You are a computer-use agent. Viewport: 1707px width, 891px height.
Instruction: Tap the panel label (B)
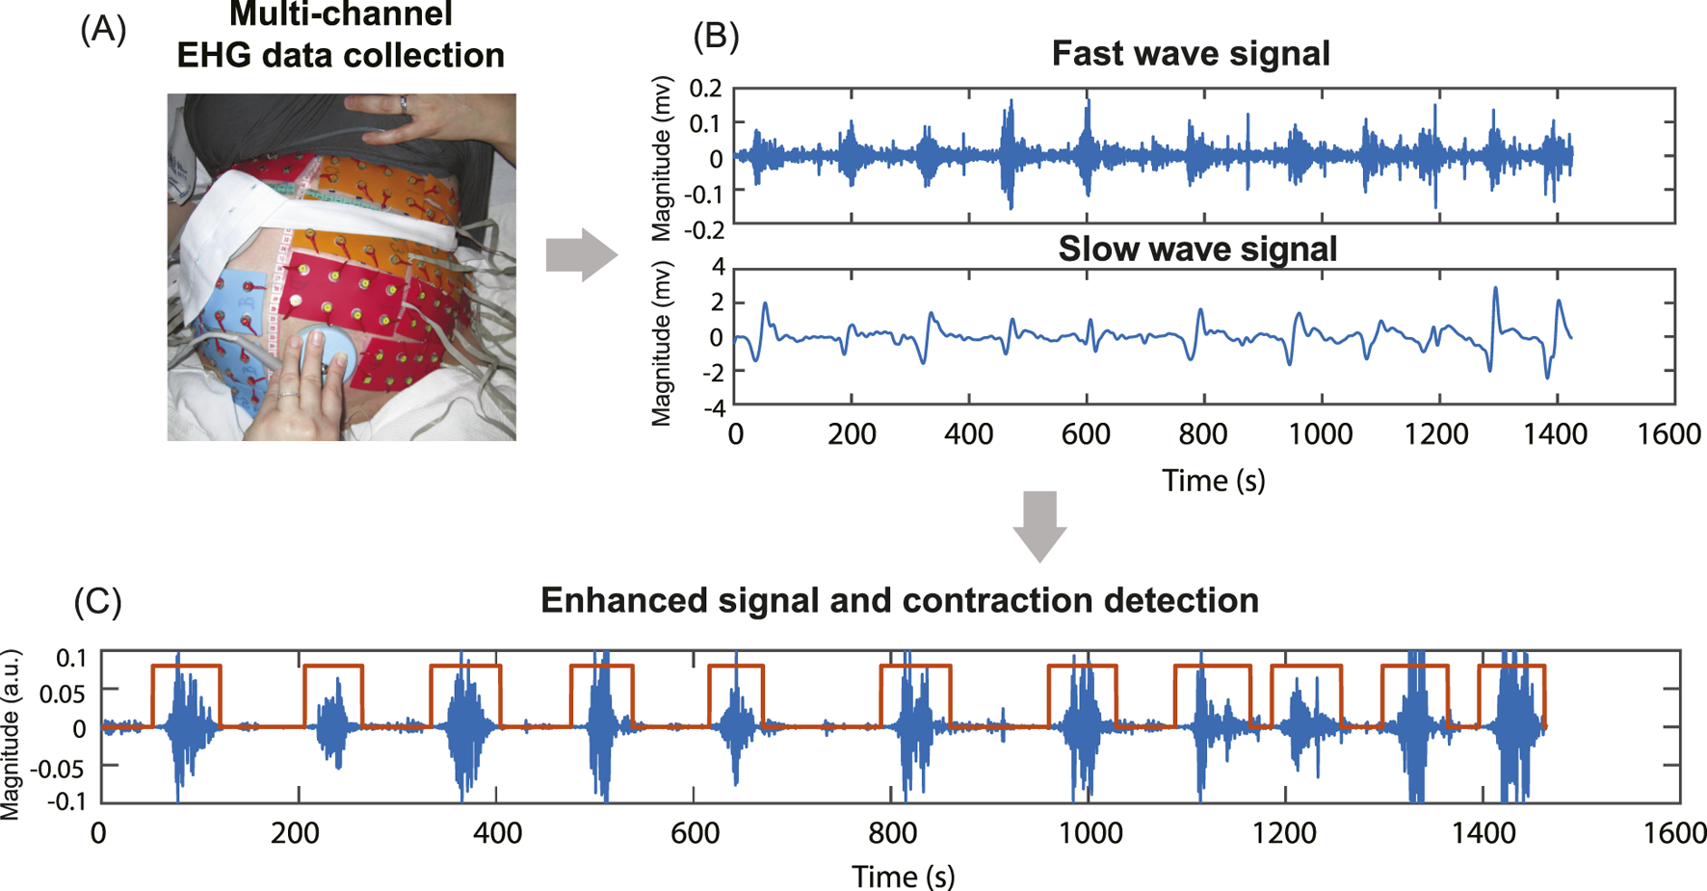coord(716,36)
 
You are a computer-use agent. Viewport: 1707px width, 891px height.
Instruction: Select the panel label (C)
coord(97,601)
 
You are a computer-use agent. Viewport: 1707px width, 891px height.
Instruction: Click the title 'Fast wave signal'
coord(1190,53)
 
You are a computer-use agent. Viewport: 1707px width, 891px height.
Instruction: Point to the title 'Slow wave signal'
coord(1197,249)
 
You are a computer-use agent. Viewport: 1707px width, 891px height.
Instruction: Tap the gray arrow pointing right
coord(581,255)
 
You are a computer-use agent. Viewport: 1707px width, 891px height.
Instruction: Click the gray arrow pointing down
coord(1039,525)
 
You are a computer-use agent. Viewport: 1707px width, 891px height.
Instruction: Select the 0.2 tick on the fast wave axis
coord(705,89)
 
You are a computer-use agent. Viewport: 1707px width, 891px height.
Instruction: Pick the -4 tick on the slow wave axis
coord(714,407)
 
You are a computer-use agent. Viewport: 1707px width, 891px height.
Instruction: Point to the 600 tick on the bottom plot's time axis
coord(695,832)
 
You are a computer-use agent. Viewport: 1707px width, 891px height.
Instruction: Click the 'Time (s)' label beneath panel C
coord(903,876)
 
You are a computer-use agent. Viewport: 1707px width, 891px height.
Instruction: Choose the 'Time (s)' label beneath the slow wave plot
coord(1213,480)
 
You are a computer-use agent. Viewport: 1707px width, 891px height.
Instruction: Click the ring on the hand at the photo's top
coord(404,104)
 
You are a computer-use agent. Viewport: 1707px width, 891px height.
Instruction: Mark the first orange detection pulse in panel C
coord(186,667)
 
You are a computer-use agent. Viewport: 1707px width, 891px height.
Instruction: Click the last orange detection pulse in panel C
coord(1511,667)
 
